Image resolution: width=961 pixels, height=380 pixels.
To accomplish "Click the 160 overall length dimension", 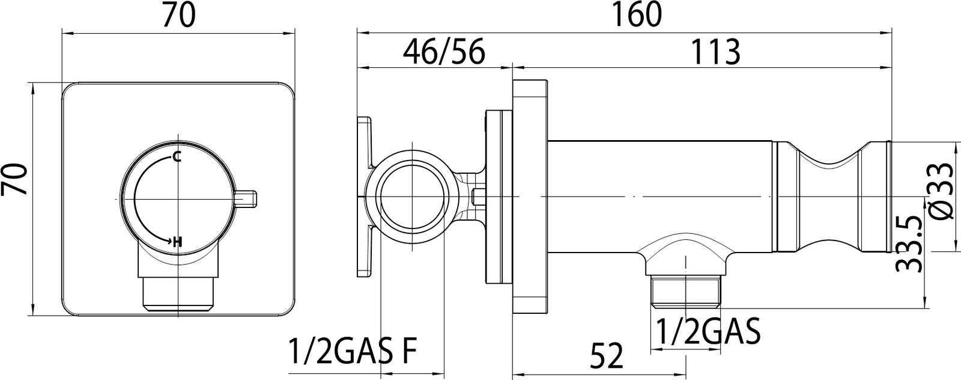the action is (636, 14).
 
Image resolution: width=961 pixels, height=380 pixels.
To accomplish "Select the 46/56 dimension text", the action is (444, 52).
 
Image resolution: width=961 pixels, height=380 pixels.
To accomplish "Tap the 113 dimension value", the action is (715, 52).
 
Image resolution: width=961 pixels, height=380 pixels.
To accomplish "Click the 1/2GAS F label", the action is (353, 351).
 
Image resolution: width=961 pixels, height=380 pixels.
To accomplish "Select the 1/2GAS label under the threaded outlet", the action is (709, 331).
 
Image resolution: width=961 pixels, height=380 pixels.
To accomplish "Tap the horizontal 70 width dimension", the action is (178, 14).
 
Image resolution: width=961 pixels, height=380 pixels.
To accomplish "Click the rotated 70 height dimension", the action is (14, 180).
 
